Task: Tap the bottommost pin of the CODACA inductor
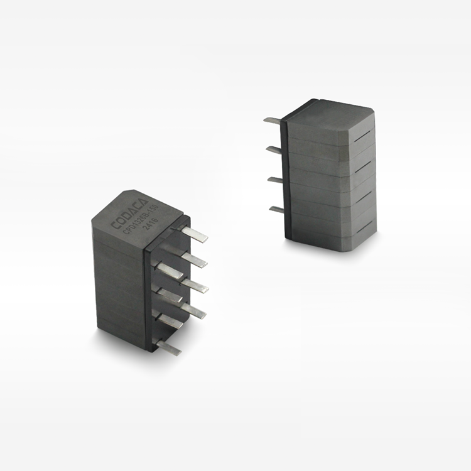pyautogui.click(x=169, y=347)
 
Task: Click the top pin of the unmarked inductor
pyautogui.click(x=273, y=121)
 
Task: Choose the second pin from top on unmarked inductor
pyautogui.click(x=274, y=150)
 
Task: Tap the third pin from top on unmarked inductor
pyautogui.click(x=275, y=180)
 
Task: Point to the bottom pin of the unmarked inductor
pyautogui.click(x=277, y=209)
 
